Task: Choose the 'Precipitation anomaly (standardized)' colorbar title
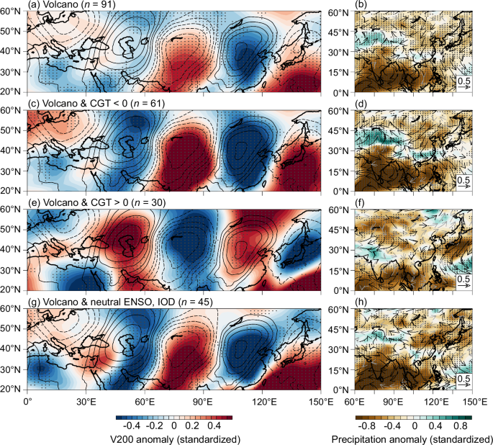click(410, 437)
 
